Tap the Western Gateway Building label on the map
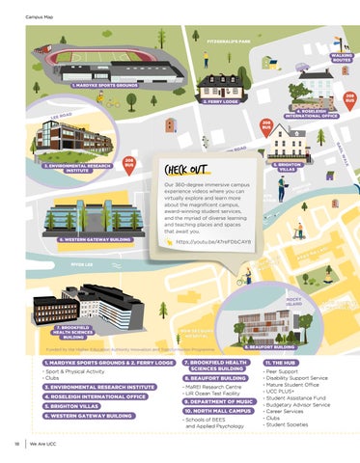[95, 237]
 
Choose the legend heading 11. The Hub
[280, 363]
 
